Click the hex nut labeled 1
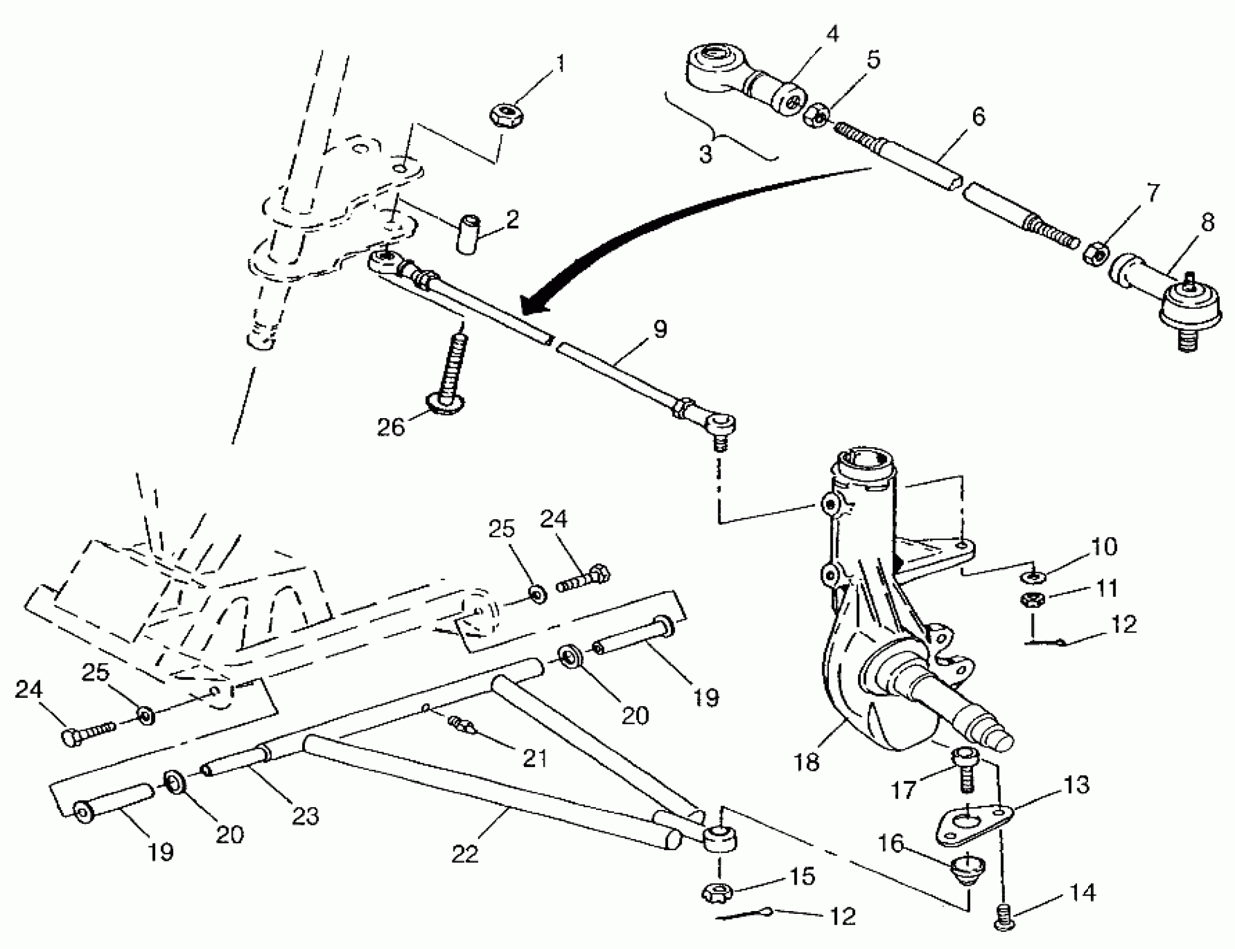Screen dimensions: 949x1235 tap(506, 113)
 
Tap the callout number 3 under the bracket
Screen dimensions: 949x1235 tap(705, 154)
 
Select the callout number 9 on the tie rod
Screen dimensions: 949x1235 tap(660, 329)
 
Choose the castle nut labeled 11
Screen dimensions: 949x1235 tap(1033, 600)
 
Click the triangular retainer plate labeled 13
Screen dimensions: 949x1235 tap(972, 825)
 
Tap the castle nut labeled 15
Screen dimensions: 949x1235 tap(718, 893)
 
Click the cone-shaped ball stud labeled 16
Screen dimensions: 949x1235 tap(967, 870)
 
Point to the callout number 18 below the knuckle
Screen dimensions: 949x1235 tap(807, 762)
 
